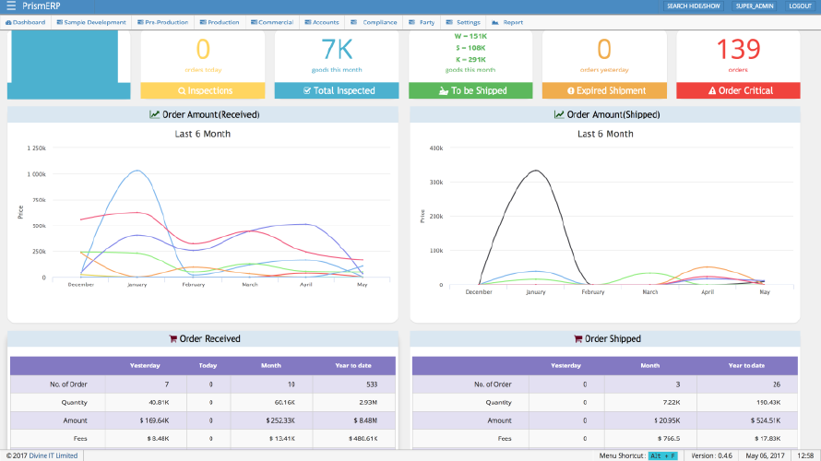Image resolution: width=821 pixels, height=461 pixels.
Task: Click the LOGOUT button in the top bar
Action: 800,6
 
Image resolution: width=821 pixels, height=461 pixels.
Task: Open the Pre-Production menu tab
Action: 165,22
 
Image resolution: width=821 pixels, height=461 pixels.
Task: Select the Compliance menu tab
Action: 375,22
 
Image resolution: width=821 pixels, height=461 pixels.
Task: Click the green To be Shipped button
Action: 470,91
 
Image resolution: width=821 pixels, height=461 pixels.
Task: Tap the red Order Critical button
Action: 738,91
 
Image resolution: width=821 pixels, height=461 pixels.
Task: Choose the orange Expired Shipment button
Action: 604,91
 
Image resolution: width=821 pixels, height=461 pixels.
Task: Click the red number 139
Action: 738,49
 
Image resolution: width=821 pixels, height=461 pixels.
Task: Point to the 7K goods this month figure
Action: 337,49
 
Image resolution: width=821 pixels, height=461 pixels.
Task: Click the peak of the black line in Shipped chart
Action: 535,171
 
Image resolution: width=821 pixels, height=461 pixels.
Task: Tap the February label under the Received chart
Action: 193,285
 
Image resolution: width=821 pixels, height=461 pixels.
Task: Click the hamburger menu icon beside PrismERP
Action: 11,6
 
